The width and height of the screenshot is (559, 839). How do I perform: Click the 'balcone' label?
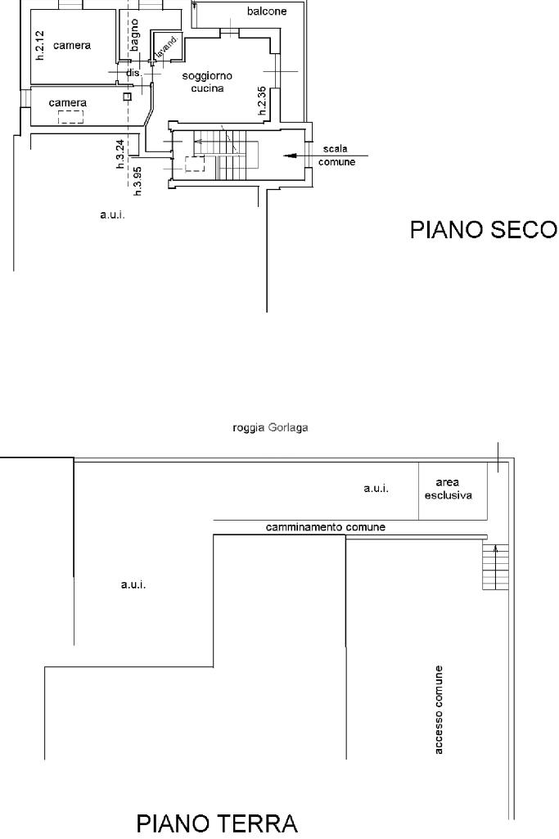[x=267, y=12]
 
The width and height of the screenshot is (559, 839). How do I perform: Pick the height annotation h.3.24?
[x=119, y=153]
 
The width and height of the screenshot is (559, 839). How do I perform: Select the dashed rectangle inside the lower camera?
[x=70, y=116]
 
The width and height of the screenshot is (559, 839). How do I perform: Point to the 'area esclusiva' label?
[x=453, y=489]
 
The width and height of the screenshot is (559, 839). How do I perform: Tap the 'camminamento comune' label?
[x=325, y=527]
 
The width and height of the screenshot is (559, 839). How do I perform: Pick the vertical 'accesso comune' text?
[x=440, y=709]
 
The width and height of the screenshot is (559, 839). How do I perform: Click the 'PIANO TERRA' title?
[x=216, y=823]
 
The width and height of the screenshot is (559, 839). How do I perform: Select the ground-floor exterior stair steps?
[x=495, y=566]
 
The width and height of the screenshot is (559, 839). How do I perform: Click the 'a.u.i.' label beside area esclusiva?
[x=376, y=489]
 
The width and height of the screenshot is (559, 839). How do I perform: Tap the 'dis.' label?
[x=134, y=73]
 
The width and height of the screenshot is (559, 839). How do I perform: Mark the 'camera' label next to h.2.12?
[x=72, y=46]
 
